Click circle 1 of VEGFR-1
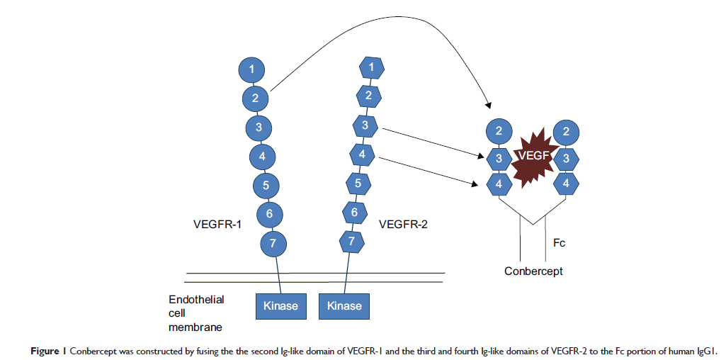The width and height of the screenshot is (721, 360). point(252,69)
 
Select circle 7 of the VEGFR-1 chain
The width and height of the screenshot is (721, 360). point(273,244)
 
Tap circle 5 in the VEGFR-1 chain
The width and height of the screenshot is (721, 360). point(266,186)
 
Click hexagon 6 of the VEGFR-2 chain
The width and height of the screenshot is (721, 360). point(354,211)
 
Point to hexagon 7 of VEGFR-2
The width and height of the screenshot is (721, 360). point(351,241)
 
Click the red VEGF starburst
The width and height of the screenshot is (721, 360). point(532,159)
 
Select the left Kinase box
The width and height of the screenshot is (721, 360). point(280,306)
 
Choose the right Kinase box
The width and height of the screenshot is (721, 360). point(344,306)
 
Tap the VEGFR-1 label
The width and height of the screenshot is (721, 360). point(217,225)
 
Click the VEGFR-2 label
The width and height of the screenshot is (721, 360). point(404,225)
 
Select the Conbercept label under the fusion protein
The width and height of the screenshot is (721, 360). point(533,271)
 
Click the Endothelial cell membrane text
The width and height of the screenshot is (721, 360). point(196,313)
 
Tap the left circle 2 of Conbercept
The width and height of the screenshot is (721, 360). point(499,131)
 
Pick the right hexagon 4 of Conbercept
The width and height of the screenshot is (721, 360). point(566,184)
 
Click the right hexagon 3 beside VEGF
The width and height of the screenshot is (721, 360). point(566,158)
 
